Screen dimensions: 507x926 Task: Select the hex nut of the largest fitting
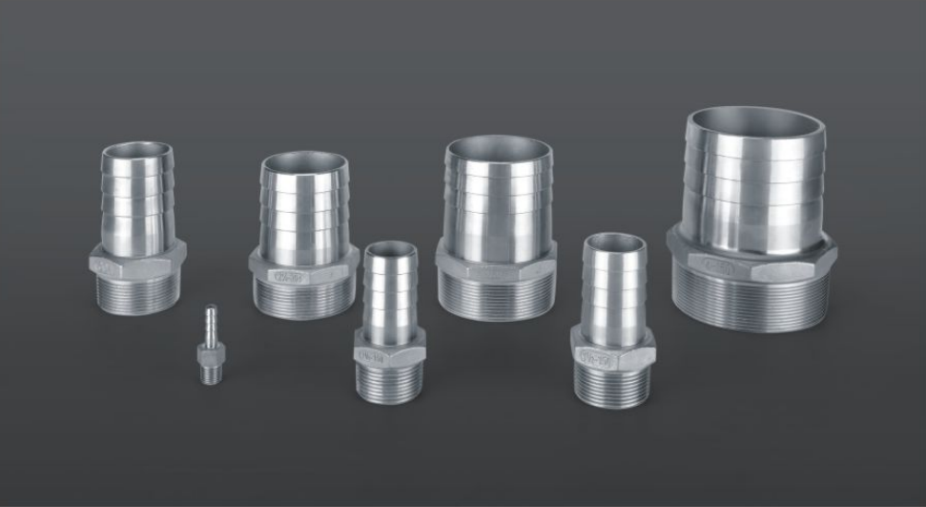(754, 263)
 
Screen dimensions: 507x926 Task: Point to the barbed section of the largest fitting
(755, 186)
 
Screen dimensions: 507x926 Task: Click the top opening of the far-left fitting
(138, 151)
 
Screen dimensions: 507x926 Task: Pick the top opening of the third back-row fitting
(499, 149)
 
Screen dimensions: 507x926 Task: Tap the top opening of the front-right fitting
(614, 242)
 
